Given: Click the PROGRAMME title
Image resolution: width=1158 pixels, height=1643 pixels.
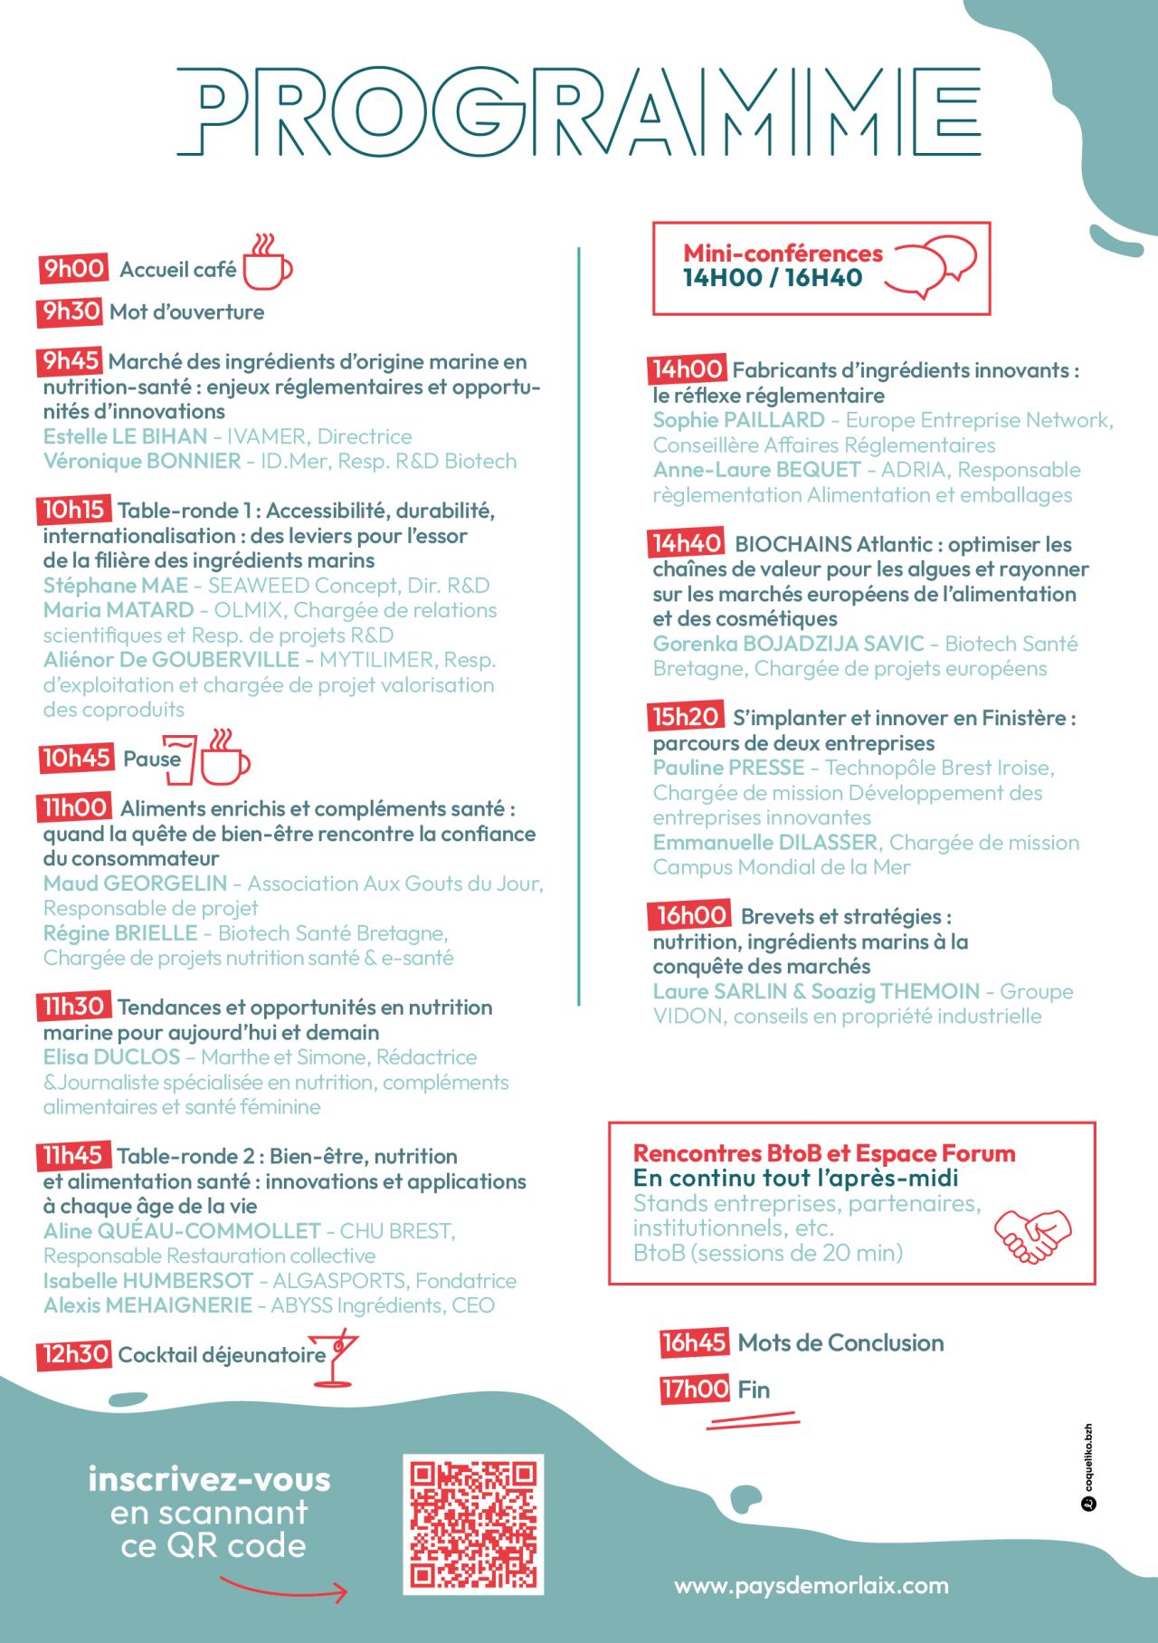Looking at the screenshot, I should pos(579,111).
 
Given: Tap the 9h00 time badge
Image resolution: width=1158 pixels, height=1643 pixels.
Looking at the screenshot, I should pos(73,268).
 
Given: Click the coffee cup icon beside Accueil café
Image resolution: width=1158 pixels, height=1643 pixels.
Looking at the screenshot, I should pos(267,263).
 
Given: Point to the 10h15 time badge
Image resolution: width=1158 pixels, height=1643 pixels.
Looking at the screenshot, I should pos(74,510).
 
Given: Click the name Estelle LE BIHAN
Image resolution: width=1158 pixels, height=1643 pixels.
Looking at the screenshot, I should pos(125,436).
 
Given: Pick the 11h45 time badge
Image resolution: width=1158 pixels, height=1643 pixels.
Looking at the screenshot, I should pos(73,1155).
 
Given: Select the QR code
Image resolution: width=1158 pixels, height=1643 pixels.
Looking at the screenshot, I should pos(473,1524).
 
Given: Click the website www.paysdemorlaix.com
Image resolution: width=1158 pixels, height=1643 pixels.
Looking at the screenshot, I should pos(812,1586).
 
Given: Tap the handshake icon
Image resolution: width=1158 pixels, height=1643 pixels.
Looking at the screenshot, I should pos(1032,1236).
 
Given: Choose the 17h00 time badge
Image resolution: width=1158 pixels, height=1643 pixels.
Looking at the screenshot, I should pos(695,1389).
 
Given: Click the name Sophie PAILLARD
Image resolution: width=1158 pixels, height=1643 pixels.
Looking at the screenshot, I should pos(738,420).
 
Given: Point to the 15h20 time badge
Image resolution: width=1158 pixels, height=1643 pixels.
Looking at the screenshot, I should pos(686,717).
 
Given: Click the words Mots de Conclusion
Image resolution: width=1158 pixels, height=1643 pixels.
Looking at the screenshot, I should pos(840,1342).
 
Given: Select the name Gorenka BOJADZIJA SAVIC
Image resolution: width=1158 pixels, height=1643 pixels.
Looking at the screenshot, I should pos(788,644).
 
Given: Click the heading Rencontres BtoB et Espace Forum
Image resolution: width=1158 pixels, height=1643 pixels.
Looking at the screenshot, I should pos(824,1153).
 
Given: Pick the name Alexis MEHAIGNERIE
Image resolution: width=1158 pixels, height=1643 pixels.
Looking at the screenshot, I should pos(147,1305).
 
